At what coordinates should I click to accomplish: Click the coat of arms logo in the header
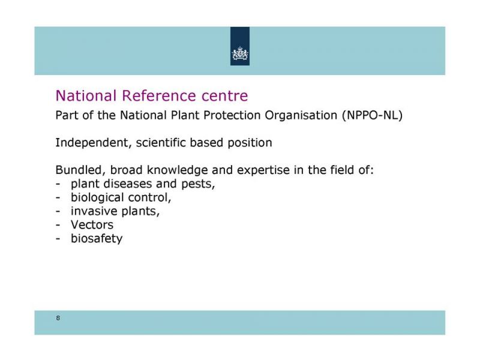click(x=240, y=53)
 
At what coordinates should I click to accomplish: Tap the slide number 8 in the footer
click(x=58, y=318)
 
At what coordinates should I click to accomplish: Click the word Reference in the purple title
click(x=158, y=95)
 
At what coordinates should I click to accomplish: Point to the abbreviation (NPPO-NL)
click(x=373, y=115)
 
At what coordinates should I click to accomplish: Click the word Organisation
click(x=301, y=116)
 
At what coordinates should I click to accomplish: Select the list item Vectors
click(x=92, y=225)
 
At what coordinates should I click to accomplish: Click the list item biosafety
click(x=97, y=239)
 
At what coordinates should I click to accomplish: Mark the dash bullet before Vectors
click(x=58, y=226)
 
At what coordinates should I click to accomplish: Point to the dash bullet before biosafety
click(x=58, y=239)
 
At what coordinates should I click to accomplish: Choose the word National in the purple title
click(x=86, y=95)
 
